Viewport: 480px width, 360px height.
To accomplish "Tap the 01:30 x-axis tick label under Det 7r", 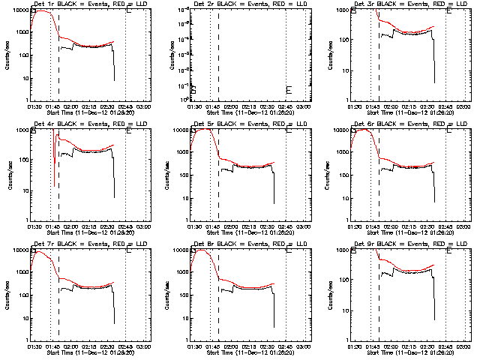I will pyautogui.click(x=34, y=346).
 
